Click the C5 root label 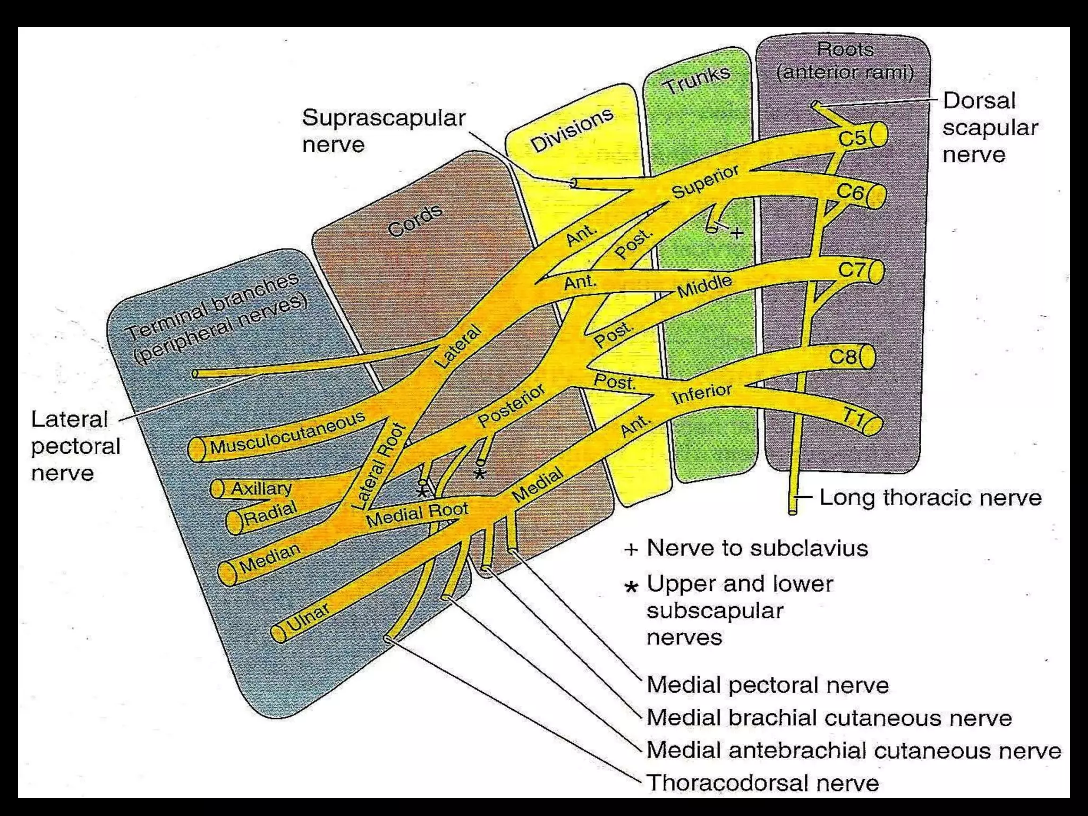[x=852, y=138]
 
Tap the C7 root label [x=852, y=270]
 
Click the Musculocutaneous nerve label [x=287, y=433]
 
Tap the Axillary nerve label [x=261, y=488]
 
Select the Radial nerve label [x=270, y=513]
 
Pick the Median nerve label [x=269, y=558]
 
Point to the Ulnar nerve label [x=308, y=618]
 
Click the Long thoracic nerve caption [x=930, y=498]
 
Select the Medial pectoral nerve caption [x=767, y=685]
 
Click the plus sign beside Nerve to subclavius [x=631, y=549]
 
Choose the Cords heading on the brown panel [x=415, y=220]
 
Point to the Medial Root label [x=417, y=513]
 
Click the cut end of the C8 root [x=867, y=357]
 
